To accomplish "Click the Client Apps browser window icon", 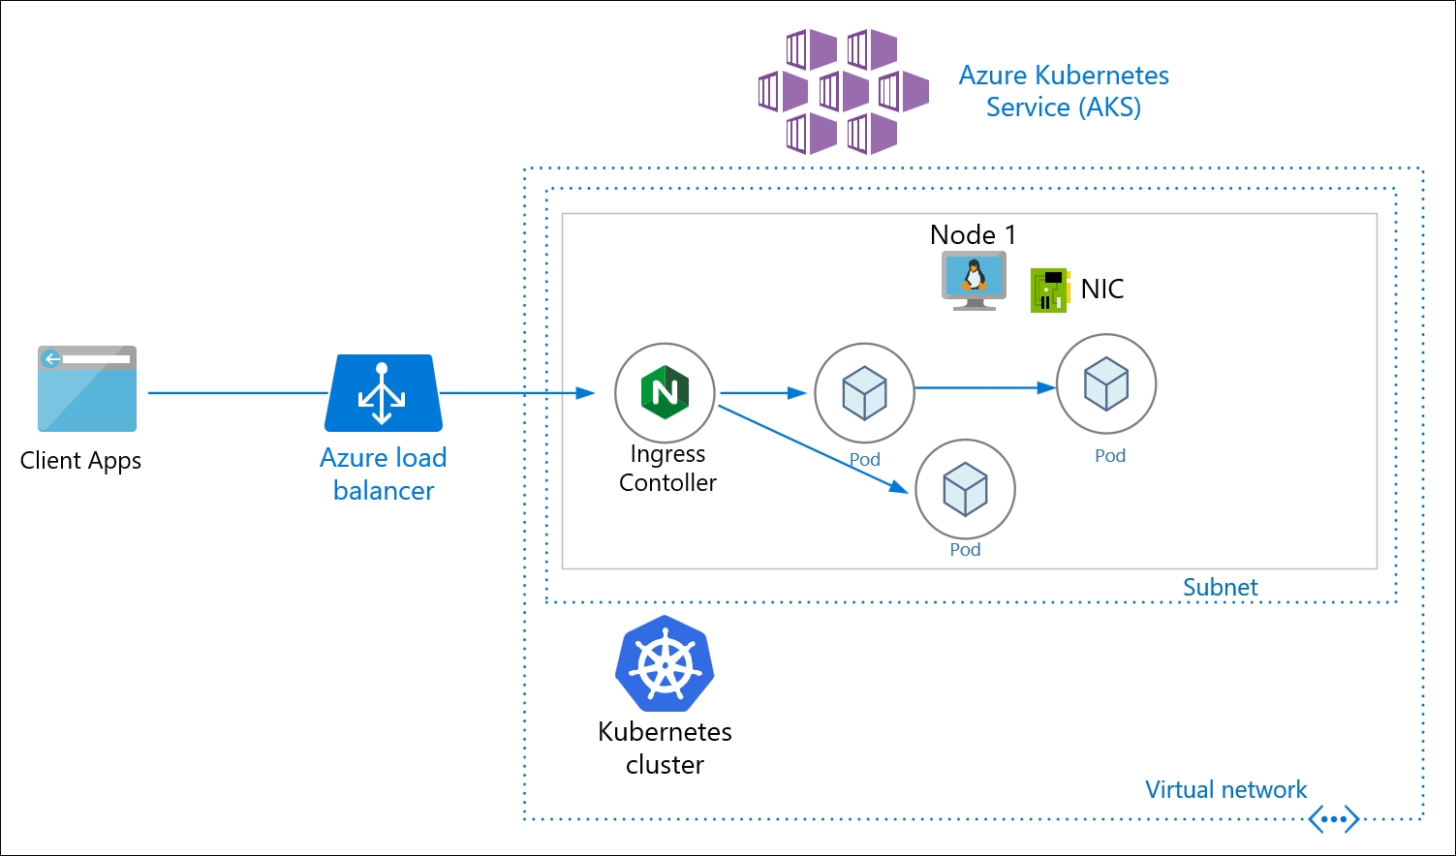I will (x=87, y=388).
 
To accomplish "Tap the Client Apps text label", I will (x=80, y=461).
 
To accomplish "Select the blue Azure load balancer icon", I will (x=383, y=393).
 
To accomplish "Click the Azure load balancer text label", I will (x=384, y=474).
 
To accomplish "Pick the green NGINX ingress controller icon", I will (x=665, y=392).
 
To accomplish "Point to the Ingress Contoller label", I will (x=667, y=468).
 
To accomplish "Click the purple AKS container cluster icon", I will (x=843, y=92).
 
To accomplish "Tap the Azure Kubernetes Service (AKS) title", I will (x=1064, y=91).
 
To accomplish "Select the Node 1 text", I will (x=973, y=234).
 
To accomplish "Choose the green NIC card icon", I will (x=1049, y=290).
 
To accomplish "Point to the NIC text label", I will (x=1102, y=289).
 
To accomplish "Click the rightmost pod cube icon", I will (x=1106, y=383).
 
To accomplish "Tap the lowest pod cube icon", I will (x=965, y=489).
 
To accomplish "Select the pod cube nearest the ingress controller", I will (x=864, y=393).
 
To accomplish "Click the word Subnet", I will (x=1220, y=587).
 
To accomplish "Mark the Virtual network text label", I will (x=1225, y=789).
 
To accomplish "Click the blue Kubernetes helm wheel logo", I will (x=665, y=665).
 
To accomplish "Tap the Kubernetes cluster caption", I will (x=665, y=748).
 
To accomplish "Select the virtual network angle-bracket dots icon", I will (x=1333, y=819).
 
